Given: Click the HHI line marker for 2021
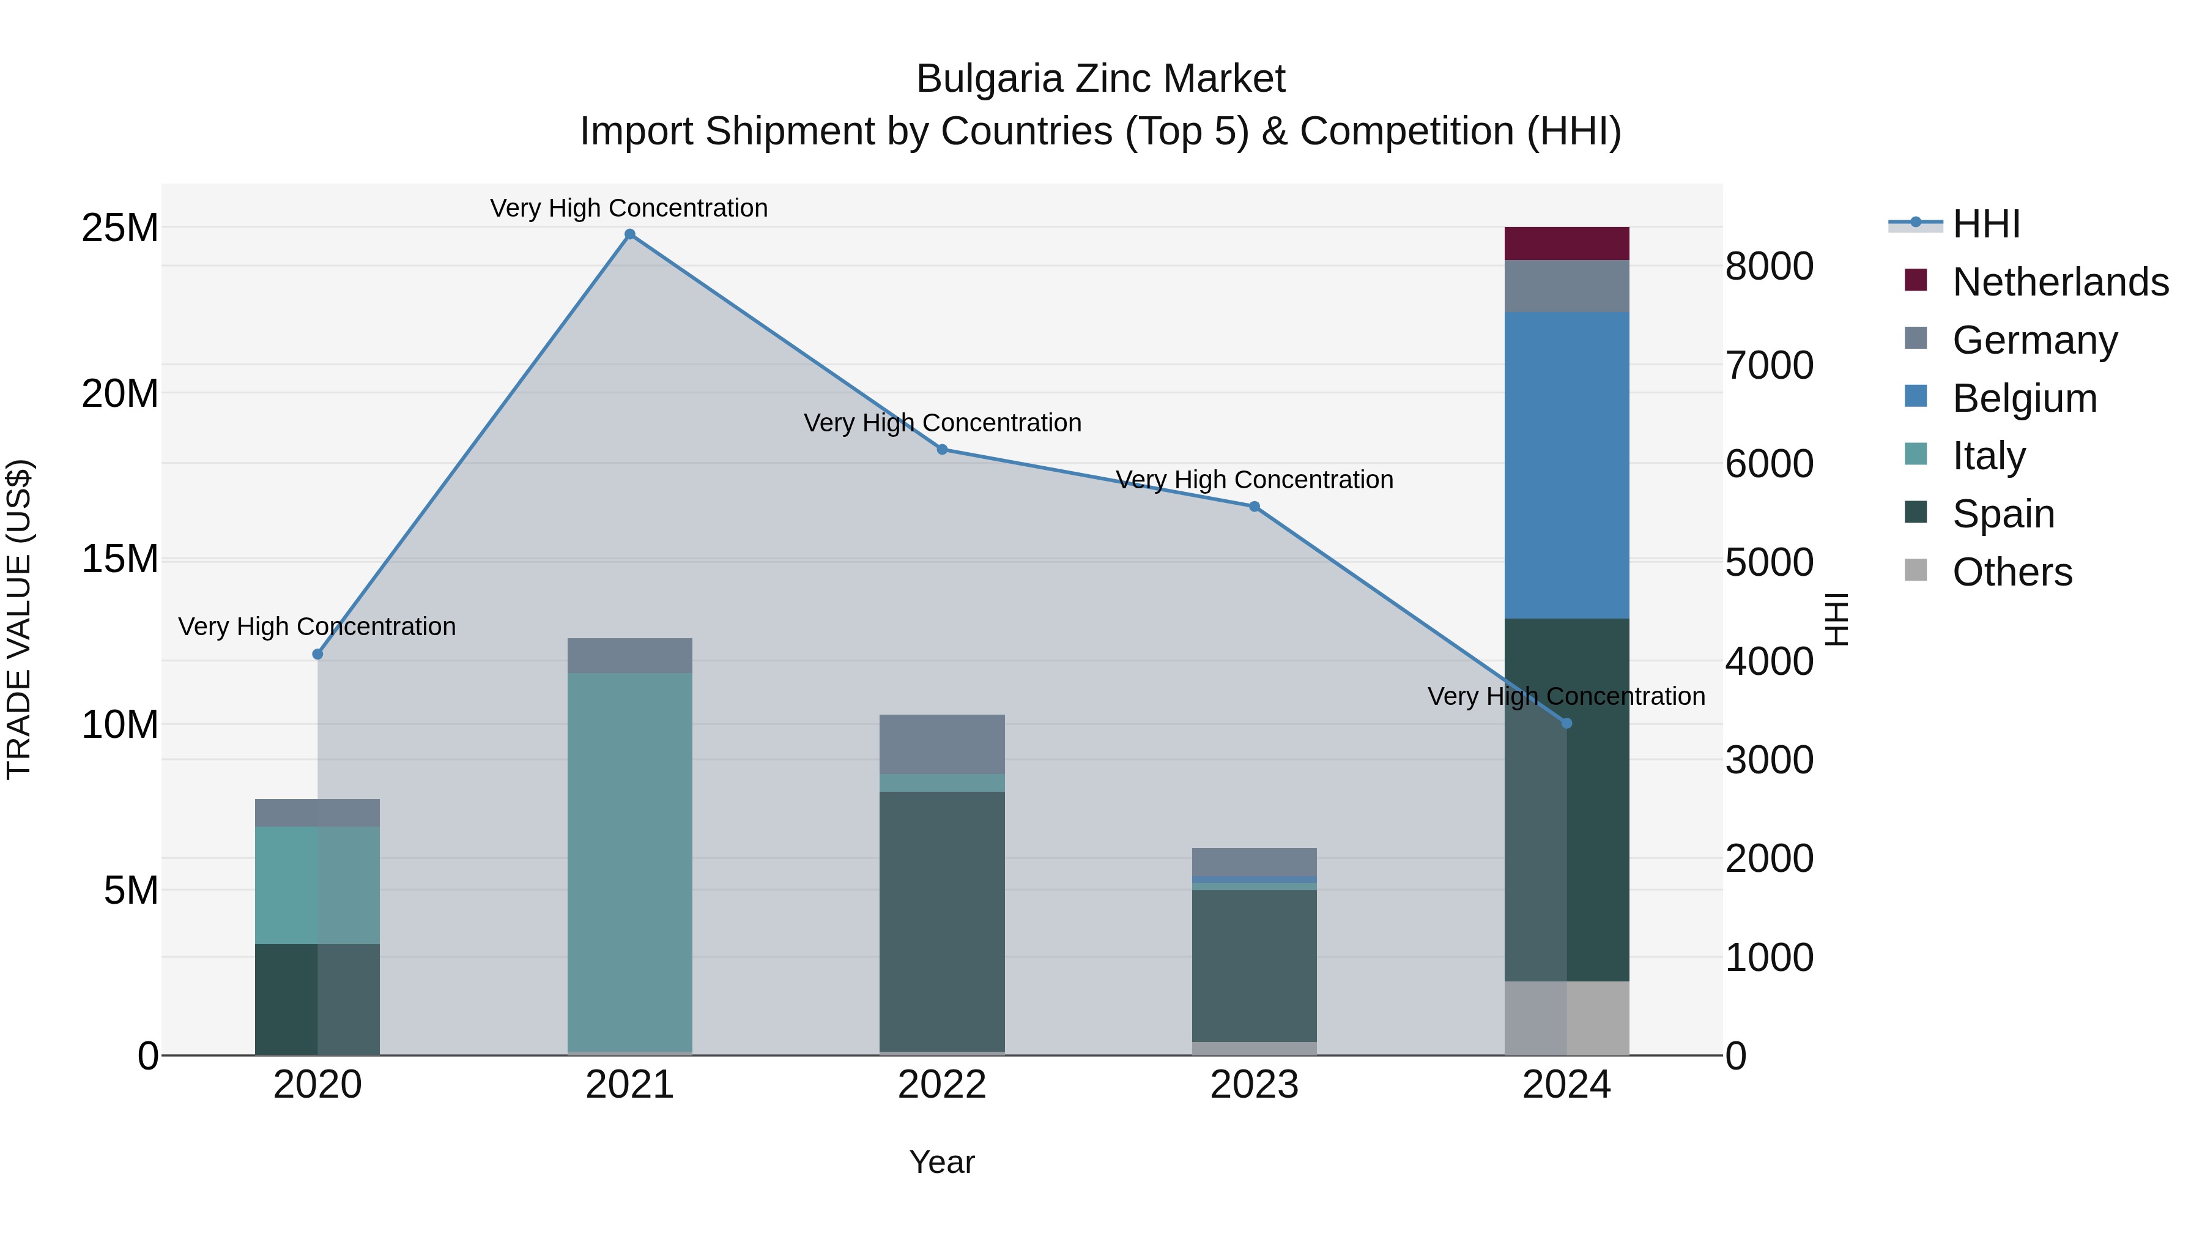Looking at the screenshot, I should point(630,234).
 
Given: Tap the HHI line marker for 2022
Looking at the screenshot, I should point(942,450).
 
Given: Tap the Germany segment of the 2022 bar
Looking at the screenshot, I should point(942,744).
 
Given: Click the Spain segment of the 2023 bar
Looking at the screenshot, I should point(1254,966).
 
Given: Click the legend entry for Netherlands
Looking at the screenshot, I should point(2060,282).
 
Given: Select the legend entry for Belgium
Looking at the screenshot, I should point(2024,398).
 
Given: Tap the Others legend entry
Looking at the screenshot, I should point(2012,572).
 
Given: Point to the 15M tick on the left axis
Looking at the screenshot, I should point(120,559).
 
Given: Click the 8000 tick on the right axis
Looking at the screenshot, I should point(1768,266).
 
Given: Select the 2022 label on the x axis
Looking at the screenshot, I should point(942,1085).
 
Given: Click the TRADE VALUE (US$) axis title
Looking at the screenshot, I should point(20,619).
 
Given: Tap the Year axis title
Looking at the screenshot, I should point(942,1162).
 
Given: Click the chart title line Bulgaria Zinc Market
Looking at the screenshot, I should point(1100,79).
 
